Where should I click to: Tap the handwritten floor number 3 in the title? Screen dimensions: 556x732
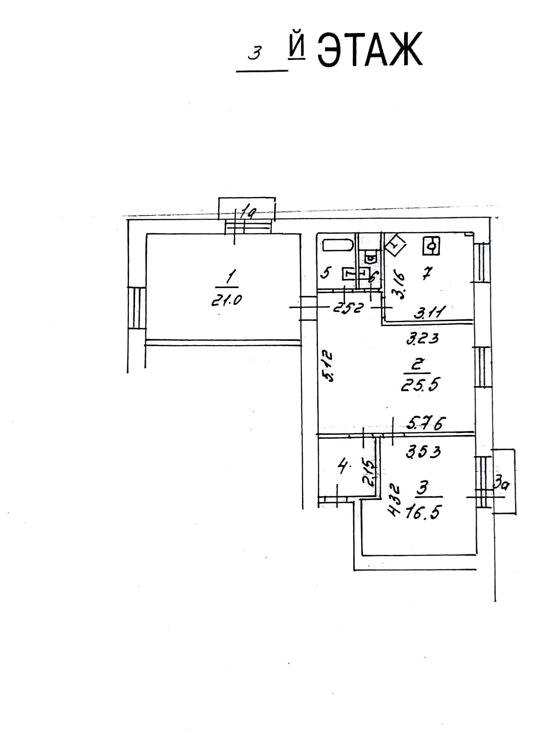pos(255,52)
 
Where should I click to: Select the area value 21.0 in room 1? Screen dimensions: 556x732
pos(226,300)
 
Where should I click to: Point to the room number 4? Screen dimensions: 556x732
pos(342,468)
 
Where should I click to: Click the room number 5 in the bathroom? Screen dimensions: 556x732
pos(326,273)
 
